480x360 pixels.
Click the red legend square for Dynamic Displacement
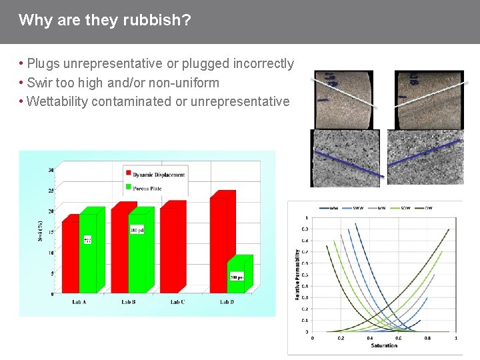[127, 174]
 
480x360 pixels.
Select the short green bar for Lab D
[239, 275]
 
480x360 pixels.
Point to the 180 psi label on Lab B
[137, 229]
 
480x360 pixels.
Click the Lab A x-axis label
[79, 302]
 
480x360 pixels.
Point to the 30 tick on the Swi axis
[51, 170]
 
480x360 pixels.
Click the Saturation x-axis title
[384, 345]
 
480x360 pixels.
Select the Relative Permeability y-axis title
[297, 274]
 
